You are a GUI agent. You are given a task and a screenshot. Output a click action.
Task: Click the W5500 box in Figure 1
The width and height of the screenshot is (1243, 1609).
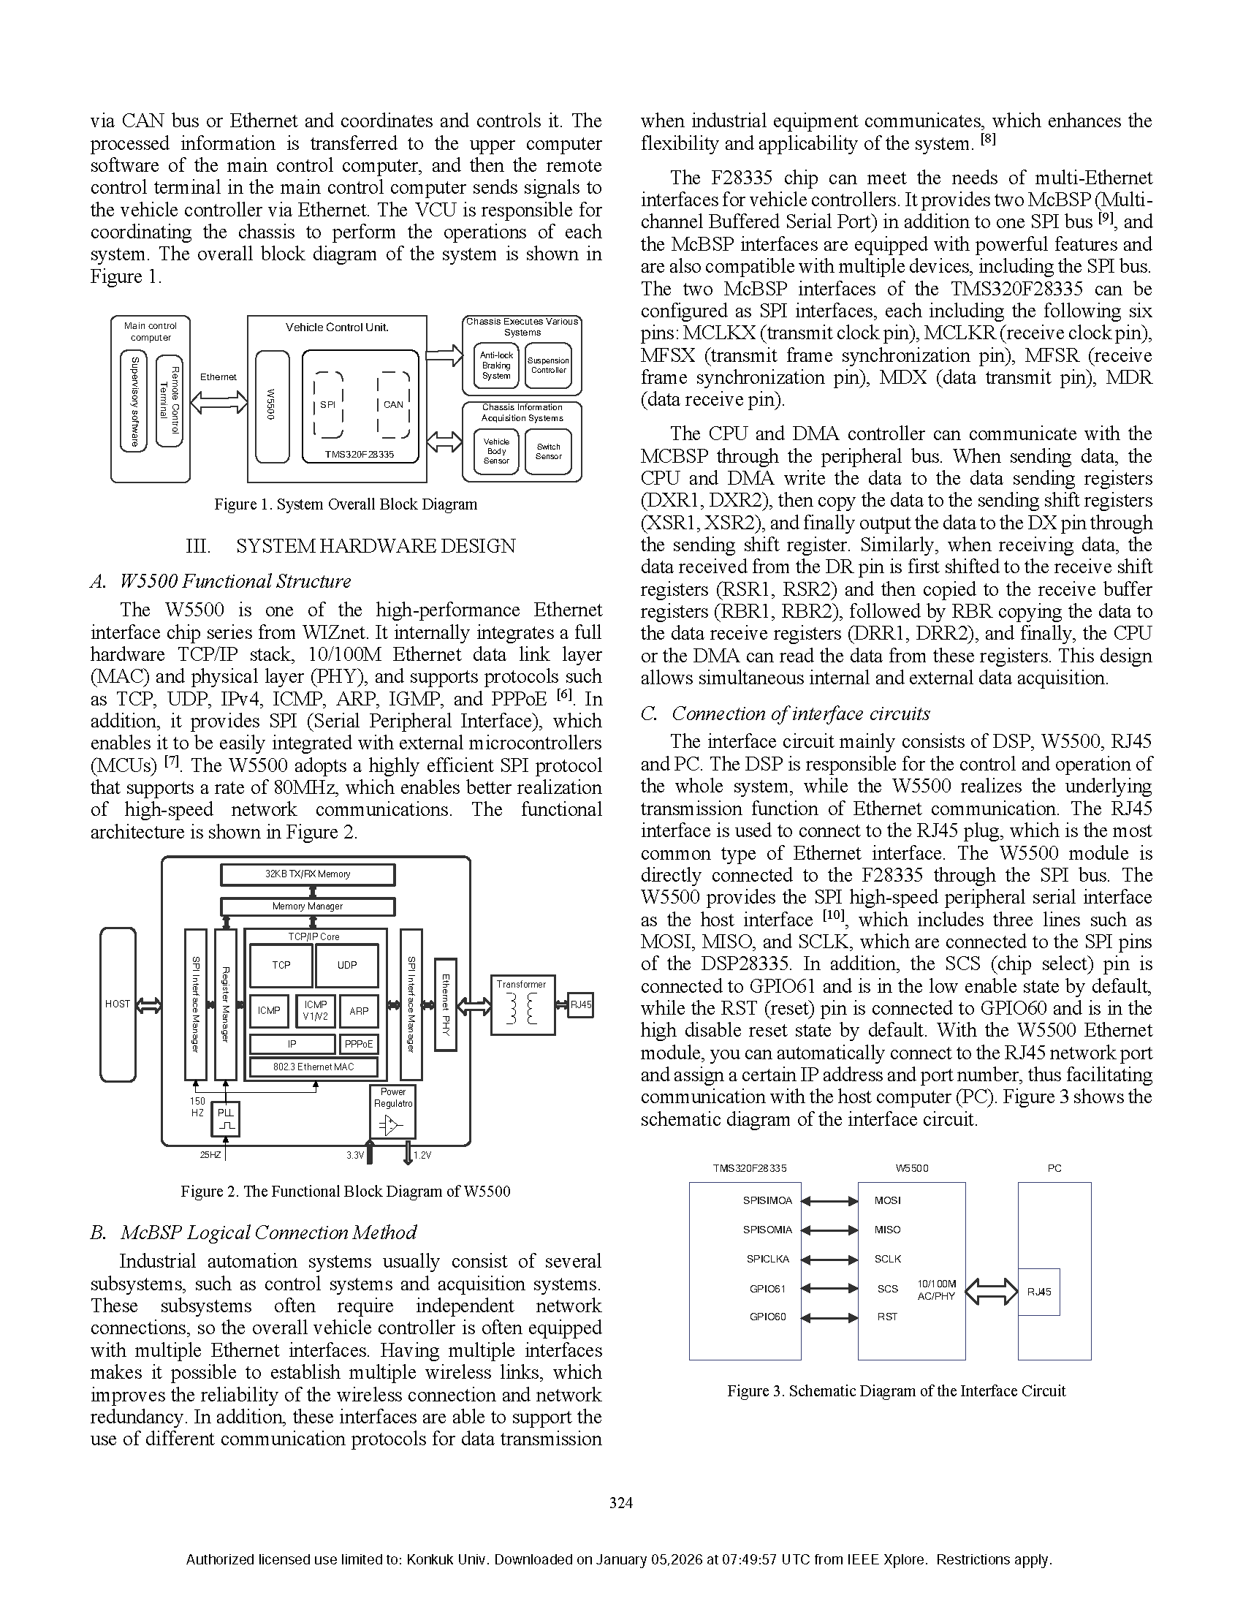pos(272,406)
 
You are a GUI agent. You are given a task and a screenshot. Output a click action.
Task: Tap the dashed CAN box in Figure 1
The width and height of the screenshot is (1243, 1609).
pos(393,404)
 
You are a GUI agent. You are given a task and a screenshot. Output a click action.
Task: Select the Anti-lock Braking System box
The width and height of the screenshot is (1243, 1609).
pos(496,366)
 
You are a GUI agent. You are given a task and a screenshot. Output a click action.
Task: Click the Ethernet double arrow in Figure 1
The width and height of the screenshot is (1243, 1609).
pos(218,402)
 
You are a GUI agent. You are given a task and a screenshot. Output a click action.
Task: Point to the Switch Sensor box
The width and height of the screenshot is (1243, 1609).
pos(549,451)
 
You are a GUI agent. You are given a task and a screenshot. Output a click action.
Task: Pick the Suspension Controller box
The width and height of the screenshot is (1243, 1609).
pos(549,366)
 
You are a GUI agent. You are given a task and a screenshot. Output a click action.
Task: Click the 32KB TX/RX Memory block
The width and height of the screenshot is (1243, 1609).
pos(308,874)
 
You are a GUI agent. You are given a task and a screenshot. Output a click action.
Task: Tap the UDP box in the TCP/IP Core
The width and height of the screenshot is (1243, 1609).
pos(347,965)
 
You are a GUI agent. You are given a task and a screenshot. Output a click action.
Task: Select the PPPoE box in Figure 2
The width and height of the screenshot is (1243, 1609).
pos(359,1044)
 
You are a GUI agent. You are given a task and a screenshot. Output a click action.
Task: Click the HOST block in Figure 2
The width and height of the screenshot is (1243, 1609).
pos(118,1004)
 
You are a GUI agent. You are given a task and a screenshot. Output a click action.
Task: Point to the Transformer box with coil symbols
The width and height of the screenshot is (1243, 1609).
pos(522,1005)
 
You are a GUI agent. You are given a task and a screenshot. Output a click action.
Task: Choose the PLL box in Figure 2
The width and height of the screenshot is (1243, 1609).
pos(225,1118)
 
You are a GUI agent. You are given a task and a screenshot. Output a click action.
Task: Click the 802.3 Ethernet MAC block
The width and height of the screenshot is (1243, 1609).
pos(313,1067)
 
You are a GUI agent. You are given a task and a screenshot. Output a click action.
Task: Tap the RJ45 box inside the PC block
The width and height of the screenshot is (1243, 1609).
pos(1039,1292)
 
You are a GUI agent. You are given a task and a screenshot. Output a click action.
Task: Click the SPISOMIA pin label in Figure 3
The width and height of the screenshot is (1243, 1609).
pos(767,1230)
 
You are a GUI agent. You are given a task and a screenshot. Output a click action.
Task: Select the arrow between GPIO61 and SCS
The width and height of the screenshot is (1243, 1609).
pos(829,1289)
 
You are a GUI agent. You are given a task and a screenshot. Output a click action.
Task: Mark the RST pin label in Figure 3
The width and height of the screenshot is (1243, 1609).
pos(887,1317)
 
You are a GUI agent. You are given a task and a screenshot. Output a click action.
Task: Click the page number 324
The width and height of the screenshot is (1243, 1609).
pos(620,1503)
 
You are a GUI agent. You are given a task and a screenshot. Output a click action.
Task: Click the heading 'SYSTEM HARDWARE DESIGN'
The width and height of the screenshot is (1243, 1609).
pos(376,546)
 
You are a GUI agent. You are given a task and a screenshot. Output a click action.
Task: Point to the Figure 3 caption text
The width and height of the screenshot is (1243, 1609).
pos(896,1391)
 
